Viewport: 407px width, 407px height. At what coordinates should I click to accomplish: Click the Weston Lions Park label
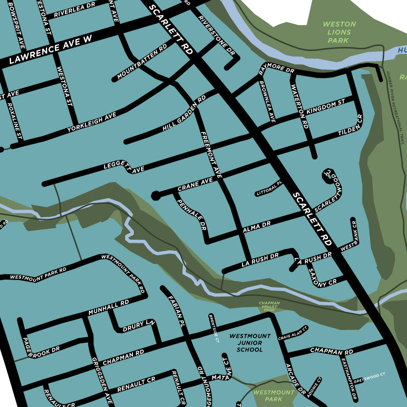click(339, 32)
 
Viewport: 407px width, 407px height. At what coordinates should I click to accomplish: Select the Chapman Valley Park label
click(269, 307)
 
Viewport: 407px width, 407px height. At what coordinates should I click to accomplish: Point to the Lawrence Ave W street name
click(50, 51)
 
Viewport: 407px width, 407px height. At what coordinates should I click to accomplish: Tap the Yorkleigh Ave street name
click(92, 123)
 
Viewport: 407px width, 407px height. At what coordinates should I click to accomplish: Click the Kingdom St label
click(325, 108)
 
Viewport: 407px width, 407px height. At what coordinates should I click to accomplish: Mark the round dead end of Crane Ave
click(156, 196)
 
